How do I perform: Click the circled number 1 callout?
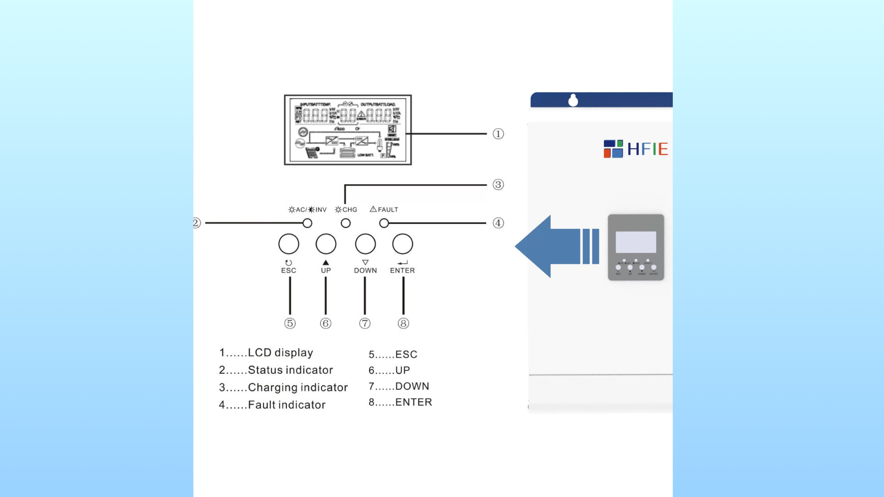tap(498, 134)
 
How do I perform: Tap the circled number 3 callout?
tap(498, 185)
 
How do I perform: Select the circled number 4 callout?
tap(498, 223)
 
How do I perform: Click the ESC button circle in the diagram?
tap(289, 244)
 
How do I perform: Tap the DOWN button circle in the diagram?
tap(365, 244)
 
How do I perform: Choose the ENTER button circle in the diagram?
tap(402, 244)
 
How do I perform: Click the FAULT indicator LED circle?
tap(384, 223)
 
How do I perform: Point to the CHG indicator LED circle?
tap(346, 223)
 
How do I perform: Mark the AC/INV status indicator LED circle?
tap(307, 223)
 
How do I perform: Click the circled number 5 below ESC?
tap(290, 323)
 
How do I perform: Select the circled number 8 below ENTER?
tap(403, 323)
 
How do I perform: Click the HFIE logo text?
tap(647, 149)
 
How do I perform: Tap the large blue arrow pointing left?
tap(552, 247)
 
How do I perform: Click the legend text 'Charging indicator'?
tap(297, 387)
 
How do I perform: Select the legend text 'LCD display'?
tap(280, 353)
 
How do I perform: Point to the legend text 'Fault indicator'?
tap(286, 405)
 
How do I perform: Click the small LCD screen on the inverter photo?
tap(636, 242)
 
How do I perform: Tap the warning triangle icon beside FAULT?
tap(373, 209)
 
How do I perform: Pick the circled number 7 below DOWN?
tap(365, 323)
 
